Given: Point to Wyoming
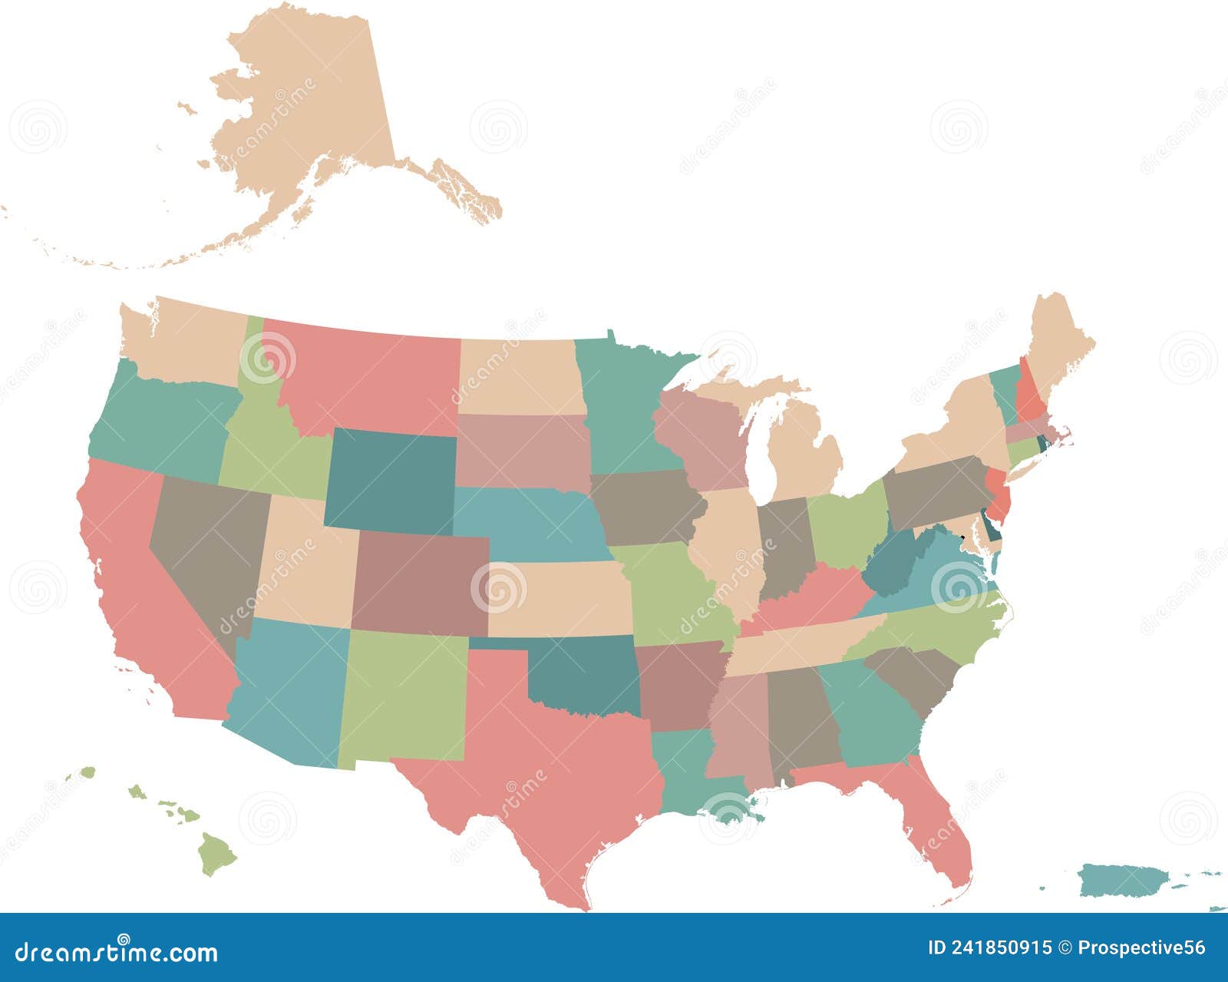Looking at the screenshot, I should tap(391, 480).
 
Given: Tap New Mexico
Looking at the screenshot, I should tap(403, 695).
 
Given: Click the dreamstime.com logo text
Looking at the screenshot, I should tap(116, 952).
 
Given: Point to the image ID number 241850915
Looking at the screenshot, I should tap(998, 948).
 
